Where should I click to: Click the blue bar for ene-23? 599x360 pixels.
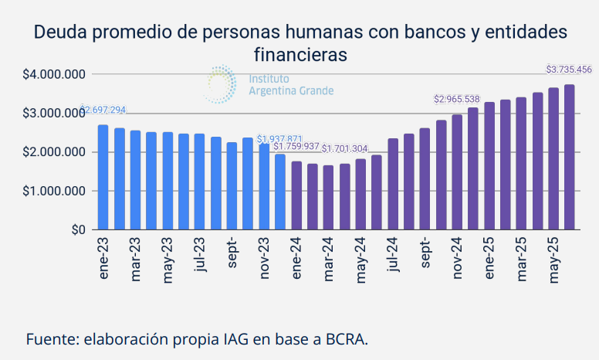point(103,178)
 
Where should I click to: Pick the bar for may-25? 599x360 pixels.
point(553,159)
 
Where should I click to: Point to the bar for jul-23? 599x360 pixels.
point(199,182)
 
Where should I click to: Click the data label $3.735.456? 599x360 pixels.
point(569,70)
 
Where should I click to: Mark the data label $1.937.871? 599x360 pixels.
point(279,138)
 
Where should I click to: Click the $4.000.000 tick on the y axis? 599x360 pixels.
point(53,74)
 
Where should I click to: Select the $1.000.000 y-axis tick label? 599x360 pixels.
point(53,191)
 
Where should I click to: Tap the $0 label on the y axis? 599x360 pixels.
point(77,229)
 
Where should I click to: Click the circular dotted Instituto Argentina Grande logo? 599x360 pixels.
point(220,84)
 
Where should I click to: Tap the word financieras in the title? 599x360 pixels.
point(300,55)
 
